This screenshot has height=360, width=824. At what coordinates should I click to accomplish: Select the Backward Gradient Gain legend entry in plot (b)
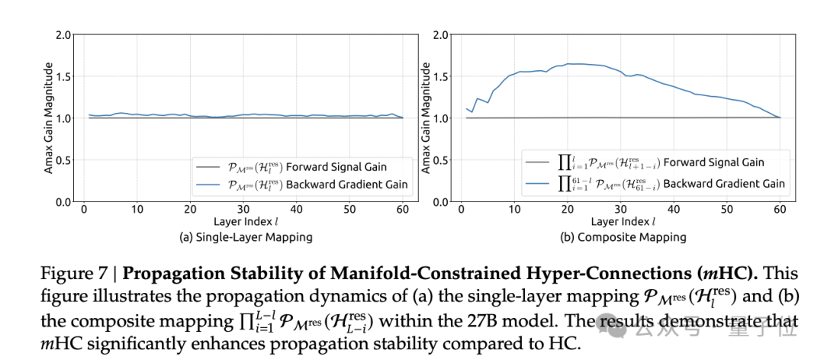(x=655, y=182)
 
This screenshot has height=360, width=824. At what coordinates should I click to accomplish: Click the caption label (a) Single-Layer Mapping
(x=246, y=237)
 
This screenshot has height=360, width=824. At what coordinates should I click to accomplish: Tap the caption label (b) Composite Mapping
(x=625, y=237)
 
